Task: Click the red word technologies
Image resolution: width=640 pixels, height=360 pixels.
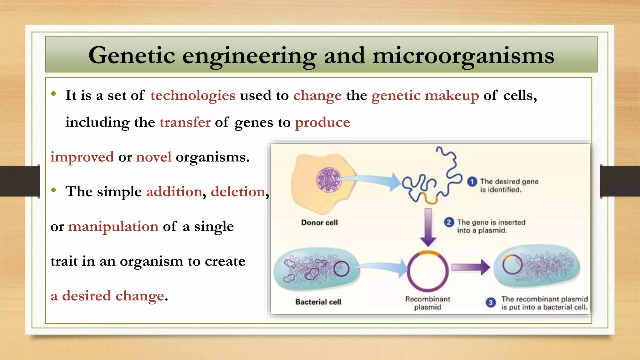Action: (193, 96)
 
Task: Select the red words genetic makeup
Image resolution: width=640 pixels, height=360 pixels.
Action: (425, 96)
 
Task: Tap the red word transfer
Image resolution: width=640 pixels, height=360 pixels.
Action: (185, 122)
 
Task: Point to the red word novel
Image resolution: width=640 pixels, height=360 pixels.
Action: (154, 157)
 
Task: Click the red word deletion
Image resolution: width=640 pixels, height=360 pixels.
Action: (238, 192)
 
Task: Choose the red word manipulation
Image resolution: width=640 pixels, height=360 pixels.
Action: (113, 227)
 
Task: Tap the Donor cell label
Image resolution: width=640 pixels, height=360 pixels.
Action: (319, 223)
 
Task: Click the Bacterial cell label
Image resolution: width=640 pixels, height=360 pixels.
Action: (318, 302)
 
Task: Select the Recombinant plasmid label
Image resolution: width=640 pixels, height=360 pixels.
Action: (427, 303)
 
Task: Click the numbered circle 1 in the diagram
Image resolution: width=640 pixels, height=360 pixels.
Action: (472, 182)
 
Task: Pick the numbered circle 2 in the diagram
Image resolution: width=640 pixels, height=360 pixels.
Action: (449, 222)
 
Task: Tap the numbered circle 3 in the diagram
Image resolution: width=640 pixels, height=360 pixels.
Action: (491, 302)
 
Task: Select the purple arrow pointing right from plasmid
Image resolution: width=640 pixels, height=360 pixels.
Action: (470, 267)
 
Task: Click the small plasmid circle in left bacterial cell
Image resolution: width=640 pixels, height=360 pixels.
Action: (341, 269)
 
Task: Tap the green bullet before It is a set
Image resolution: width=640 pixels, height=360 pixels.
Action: (54, 94)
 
